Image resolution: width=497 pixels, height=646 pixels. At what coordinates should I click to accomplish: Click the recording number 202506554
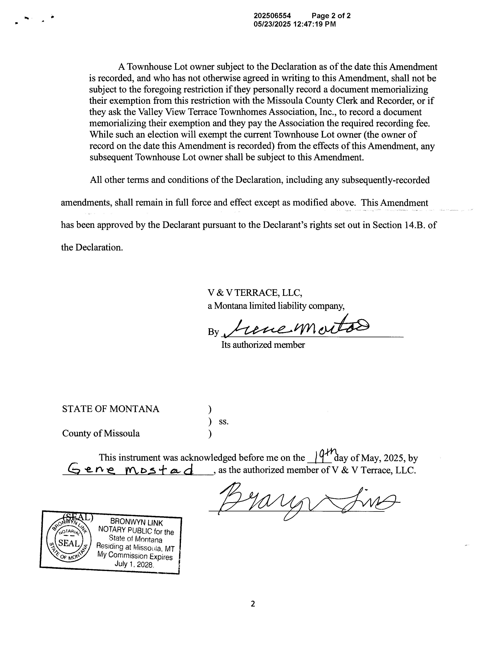point(272,16)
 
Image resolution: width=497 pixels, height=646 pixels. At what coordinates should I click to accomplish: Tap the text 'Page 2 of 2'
point(331,16)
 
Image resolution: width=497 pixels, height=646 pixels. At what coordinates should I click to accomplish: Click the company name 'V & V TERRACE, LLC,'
point(255,293)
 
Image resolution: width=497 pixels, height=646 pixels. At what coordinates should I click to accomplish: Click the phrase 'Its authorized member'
point(263,345)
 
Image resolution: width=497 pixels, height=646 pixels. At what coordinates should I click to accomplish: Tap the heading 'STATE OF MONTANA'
point(111,409)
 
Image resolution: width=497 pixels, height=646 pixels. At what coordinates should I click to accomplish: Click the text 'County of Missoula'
point(101,433)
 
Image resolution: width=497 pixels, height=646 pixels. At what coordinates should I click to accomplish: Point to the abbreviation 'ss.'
point(224,422)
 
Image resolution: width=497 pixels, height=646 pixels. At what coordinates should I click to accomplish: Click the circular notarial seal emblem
point(69,543)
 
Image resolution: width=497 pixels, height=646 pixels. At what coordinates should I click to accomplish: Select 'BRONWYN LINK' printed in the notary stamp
point(136,523)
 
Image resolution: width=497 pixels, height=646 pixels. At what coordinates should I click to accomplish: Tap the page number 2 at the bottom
point(253,604)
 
